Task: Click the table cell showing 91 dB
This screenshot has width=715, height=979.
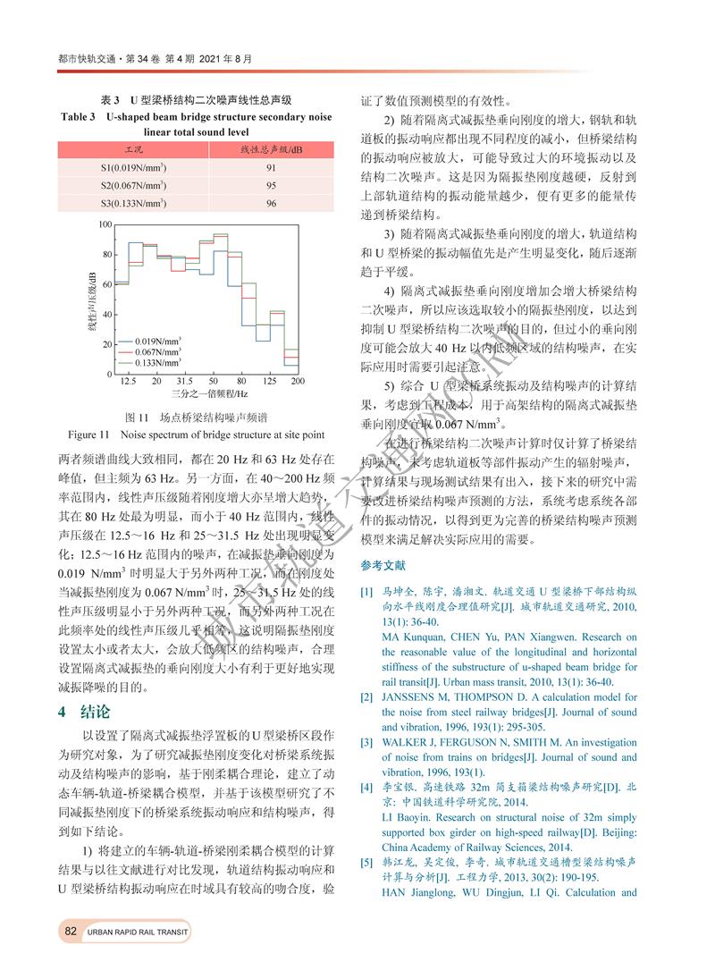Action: pyautogui.click(x=272, y=167)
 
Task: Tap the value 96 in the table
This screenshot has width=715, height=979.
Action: pyautogui.click(x=272, y=204)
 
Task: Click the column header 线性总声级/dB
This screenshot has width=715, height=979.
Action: pyautogui.click(x=272, y=148)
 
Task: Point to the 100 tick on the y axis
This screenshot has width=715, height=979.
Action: pyautogui.click(x=105, y=224)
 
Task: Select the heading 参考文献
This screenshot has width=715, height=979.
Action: pyautogui.click(x=383, y=565)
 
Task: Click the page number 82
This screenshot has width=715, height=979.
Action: pyautogui.click(x=71, y=933)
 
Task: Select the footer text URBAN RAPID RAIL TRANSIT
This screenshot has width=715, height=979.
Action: pyautogui.click(x=138, y=933)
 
